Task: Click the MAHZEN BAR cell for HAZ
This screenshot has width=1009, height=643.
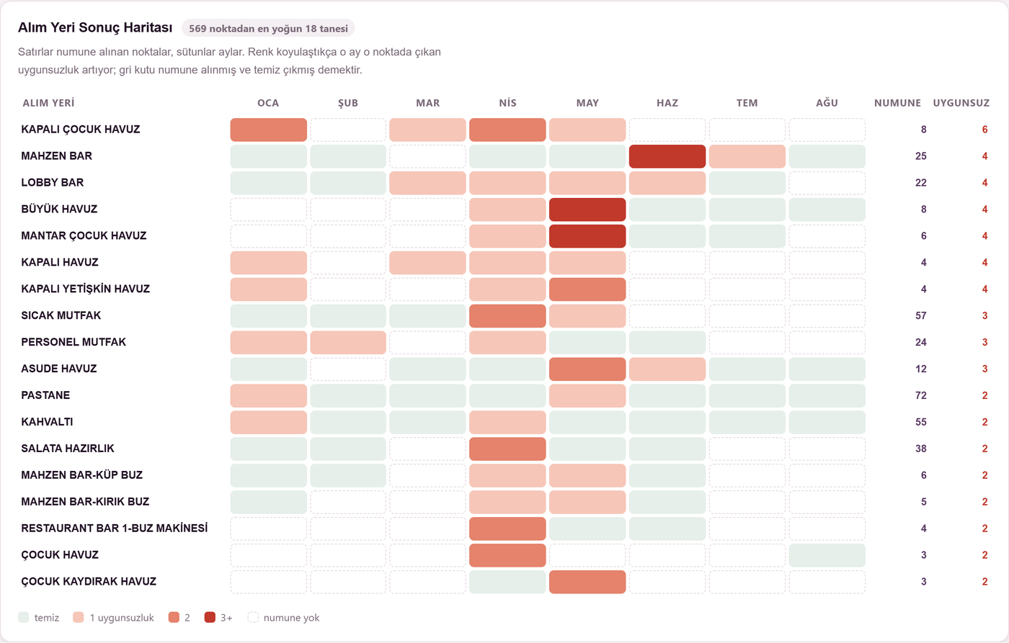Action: pyautogui.click(x=667, y=156)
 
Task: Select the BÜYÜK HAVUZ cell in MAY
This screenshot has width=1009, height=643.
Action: pyautogui.click(x=587, y=210)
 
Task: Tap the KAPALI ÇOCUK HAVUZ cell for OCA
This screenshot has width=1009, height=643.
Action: pyautogui.click(x=268, y=130)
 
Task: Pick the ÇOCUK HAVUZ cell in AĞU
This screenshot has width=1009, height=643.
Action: pyautogui.click(x=827, y=555)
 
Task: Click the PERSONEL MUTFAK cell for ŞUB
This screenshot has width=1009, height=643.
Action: pyautogui.click(x=348, y=343)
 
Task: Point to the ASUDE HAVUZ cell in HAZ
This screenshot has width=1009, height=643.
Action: pyautogui.click(x=667, y=369)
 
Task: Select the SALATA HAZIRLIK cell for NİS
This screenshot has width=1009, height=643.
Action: pyautogui.click(x=507, y=449)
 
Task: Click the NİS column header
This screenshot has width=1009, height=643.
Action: pyautogui.click(x=507, y=103)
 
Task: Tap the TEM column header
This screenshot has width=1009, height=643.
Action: pyautogui.click(x=747, y=103)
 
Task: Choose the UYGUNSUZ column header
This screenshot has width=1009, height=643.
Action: pyautogui.click(x=961, y=103)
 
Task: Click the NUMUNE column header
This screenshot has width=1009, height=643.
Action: pyautogui.click(x=898, y=103)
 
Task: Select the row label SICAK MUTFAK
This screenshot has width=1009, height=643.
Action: pyautogui.click(x=61, y=315)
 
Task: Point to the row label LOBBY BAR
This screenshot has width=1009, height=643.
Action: pyautogui.click(x=52, y=183)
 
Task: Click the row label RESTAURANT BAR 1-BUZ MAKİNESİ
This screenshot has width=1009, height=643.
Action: pyautogui.click(x=115, y=528)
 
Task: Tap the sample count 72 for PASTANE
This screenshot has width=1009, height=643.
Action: pyautogui.click(x=921, y=395)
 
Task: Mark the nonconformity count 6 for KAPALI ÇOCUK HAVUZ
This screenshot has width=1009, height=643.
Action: pyautogui.click(x=984, y=130)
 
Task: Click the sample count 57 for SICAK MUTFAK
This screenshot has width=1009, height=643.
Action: pyautogui.click(x=921, y=315)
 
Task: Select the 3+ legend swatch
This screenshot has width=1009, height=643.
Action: pyautogui.click(x=210, y=617)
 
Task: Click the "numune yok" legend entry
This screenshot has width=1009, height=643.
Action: pyautogui.click(x=283, y=617)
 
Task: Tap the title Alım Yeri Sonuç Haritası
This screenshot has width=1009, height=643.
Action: pyautogui.click(x=95, y=28)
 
